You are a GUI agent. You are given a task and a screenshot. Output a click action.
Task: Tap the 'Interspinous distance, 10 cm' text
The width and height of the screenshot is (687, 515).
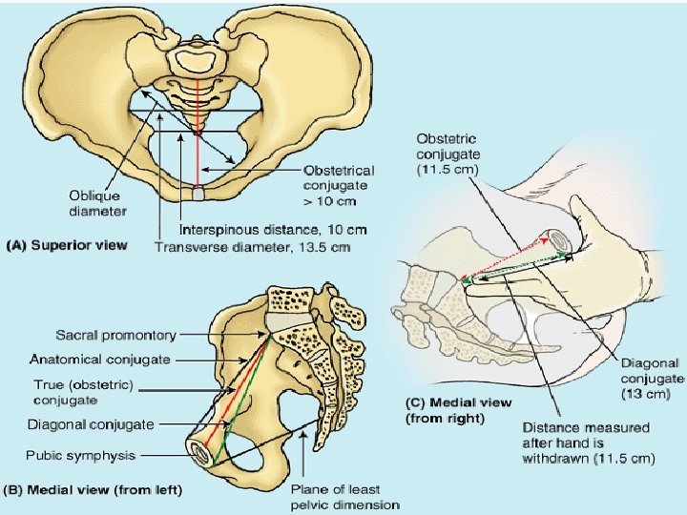273,230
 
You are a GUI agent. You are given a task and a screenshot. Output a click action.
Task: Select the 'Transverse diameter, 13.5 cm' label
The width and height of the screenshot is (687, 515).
253,247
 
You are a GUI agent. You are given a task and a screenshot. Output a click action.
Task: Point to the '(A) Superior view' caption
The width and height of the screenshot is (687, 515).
67,245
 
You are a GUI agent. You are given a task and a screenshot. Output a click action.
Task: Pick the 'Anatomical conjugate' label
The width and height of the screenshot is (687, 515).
100,360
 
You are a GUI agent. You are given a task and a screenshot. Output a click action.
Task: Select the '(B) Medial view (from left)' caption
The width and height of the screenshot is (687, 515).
94,490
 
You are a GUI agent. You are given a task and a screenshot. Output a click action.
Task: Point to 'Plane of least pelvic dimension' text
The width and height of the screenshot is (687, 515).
344,497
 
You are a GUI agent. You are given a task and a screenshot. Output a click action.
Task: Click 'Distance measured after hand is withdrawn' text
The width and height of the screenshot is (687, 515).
587,443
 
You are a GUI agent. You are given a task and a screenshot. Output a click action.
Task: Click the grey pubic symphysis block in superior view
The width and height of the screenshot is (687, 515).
198,194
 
